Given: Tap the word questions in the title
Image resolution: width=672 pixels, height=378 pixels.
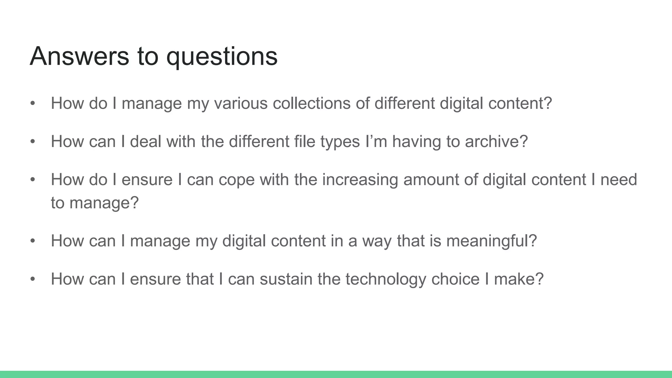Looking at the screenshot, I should pos(222,56).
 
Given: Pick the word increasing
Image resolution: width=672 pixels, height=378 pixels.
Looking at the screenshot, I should pos(360,179).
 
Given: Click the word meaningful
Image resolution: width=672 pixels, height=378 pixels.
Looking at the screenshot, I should pos(491,241).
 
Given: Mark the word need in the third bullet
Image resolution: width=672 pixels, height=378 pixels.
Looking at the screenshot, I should pos(619,179).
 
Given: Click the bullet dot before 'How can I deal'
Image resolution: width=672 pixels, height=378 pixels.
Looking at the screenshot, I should pos(32,142).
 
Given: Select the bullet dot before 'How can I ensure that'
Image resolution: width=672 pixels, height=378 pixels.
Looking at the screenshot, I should pos(32,279).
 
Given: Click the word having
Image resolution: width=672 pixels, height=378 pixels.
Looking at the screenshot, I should pos(416,141).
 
